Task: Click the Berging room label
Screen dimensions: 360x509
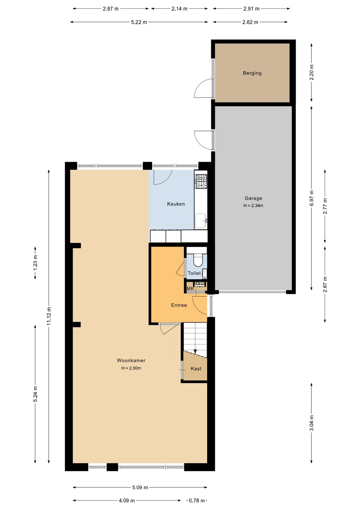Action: pos(252,73)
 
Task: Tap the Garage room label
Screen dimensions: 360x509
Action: pos(253,198)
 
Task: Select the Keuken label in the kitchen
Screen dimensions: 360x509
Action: pos(176,204)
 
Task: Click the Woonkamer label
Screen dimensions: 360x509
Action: pos(131,360)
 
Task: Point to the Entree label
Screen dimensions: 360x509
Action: pos(179,305)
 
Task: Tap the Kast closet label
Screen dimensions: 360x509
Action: pos(196,368)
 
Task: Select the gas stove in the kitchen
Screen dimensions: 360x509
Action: pos(202,181)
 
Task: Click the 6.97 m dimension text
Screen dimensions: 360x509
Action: pos(311,198)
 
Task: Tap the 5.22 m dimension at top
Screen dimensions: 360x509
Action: pos(139,22)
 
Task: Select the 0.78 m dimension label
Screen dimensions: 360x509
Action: pos(197,501)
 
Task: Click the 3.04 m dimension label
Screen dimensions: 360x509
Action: pos(311,423)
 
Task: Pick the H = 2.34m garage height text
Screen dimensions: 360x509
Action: pos(253,206)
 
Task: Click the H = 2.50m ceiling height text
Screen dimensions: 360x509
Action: pos(131,368)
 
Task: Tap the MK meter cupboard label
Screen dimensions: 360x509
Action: pos(190,288)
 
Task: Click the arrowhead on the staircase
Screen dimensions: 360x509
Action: pos(195,351)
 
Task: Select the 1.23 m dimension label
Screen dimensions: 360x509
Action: pos(35,263)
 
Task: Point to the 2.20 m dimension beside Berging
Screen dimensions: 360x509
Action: pos(311,72)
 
